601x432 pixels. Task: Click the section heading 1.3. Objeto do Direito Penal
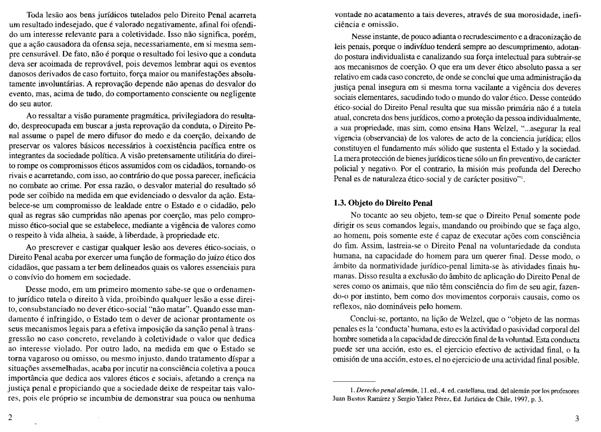pos(383,203)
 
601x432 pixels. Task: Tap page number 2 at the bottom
pos(10,417)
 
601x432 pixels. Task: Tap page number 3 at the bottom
pos(577,419)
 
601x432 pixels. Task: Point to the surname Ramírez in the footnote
pos(378,399)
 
